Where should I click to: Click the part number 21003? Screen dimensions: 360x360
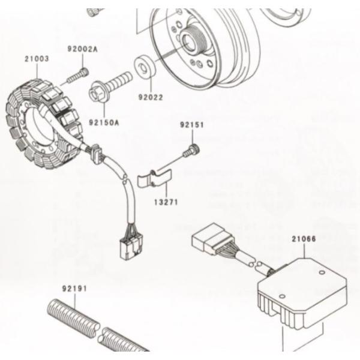[x=37, y=59]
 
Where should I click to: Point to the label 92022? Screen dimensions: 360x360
[x=151, y=96]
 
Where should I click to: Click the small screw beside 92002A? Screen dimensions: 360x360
[x=77, y=76]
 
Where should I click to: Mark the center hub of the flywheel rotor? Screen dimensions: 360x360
[x=196, y=42]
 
